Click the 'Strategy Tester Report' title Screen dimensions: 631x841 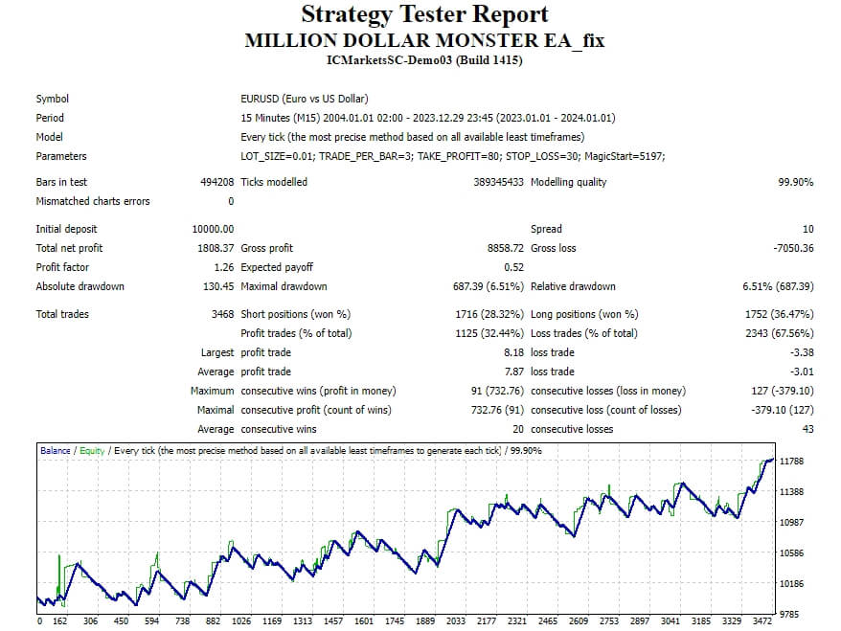[424, 14]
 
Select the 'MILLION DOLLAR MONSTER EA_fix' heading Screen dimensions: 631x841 [424, 40]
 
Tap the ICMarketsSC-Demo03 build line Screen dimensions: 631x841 [424, 60]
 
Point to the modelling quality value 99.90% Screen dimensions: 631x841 [795, 182]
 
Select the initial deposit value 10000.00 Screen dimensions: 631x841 [213, 229]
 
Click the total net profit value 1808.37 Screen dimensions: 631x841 [213, 248]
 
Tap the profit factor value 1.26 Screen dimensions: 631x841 [222, 267]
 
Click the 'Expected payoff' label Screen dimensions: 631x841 [277, 267]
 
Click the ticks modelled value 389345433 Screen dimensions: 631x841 [487, 182]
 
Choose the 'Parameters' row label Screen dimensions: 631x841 [61, 156]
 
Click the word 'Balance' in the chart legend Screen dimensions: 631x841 [55, 450]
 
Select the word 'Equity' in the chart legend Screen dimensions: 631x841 [92, 450]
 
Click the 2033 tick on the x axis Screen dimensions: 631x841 [456, 620]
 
